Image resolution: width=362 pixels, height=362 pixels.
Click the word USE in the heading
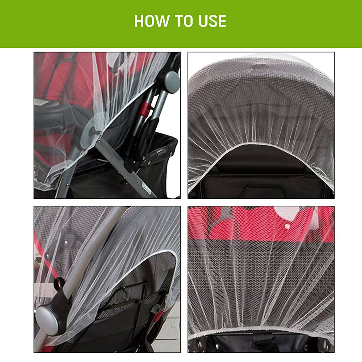(x=211, y=21)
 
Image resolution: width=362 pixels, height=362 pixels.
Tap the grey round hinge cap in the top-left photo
(x=171, y=82)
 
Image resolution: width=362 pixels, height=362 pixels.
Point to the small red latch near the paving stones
(x=158, y=316)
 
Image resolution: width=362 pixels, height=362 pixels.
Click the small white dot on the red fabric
(x=287, y=226)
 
